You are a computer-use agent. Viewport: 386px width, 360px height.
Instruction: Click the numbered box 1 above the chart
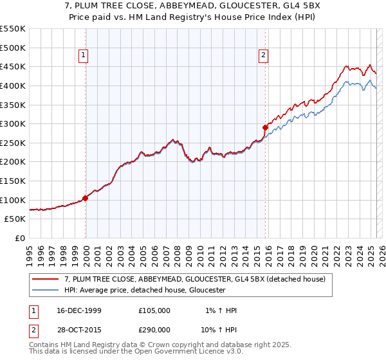(x=84, y=56)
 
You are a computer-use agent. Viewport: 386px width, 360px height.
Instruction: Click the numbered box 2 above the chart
(x=264, y=56)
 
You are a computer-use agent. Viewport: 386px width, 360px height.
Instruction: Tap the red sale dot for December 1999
(x=86, y=198)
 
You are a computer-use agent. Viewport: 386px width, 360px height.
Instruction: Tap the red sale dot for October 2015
(x=266, y=127)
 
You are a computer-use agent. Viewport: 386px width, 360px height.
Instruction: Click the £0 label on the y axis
(x=19, y=239)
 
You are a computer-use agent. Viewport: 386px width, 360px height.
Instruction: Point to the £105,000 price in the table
(x=154, y=310)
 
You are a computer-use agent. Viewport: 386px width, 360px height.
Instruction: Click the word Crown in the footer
(x=158, y=346)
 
